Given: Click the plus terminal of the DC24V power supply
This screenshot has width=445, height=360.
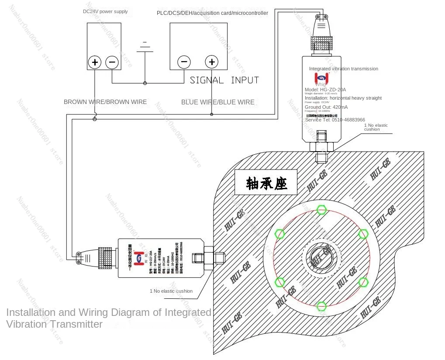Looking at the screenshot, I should [x=95, y=62].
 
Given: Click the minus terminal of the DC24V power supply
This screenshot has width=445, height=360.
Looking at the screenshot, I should [x=112, y=62].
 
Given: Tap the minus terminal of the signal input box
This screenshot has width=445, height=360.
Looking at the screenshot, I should [x=184, y=62].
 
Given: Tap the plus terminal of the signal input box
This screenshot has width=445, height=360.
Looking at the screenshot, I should [x=212, y=62].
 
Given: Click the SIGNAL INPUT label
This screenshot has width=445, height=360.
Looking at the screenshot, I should [x=224, y=80].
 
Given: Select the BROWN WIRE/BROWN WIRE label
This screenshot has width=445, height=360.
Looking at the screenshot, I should [x=105, y=102].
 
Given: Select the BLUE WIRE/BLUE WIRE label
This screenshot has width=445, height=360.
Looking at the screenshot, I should [x=218, y=102].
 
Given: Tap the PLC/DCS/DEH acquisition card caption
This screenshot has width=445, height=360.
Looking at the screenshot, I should [x=212, y=13].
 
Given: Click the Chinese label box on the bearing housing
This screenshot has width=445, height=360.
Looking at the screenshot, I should [x=266, y=183].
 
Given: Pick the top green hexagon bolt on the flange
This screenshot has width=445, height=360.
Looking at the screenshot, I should [x=321, y=210].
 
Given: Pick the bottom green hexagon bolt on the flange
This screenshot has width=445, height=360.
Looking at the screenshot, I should [x=321, y=306].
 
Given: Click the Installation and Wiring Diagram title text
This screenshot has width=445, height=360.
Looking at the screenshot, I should [x=108, y=318].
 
